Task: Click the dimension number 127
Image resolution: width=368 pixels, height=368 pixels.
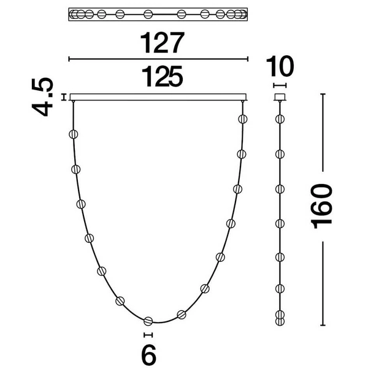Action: pos(162,43)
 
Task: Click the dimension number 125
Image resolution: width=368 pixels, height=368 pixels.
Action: pos(162,76)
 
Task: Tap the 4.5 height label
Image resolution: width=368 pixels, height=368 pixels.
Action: pos(43,97)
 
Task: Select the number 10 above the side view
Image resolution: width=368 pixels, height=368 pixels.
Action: pos(280,66)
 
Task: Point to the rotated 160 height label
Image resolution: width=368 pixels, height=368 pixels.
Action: pos(321,206)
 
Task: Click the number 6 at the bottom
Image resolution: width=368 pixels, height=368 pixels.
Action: pos(149,354)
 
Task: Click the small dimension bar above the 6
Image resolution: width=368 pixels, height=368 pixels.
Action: pos(148,335)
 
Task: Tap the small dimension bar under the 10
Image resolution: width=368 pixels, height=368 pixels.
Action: pos(280,85)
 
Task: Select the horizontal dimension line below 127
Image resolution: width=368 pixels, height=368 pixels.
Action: pos(158,59)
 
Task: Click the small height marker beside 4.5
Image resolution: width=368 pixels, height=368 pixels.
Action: pos(63,97)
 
